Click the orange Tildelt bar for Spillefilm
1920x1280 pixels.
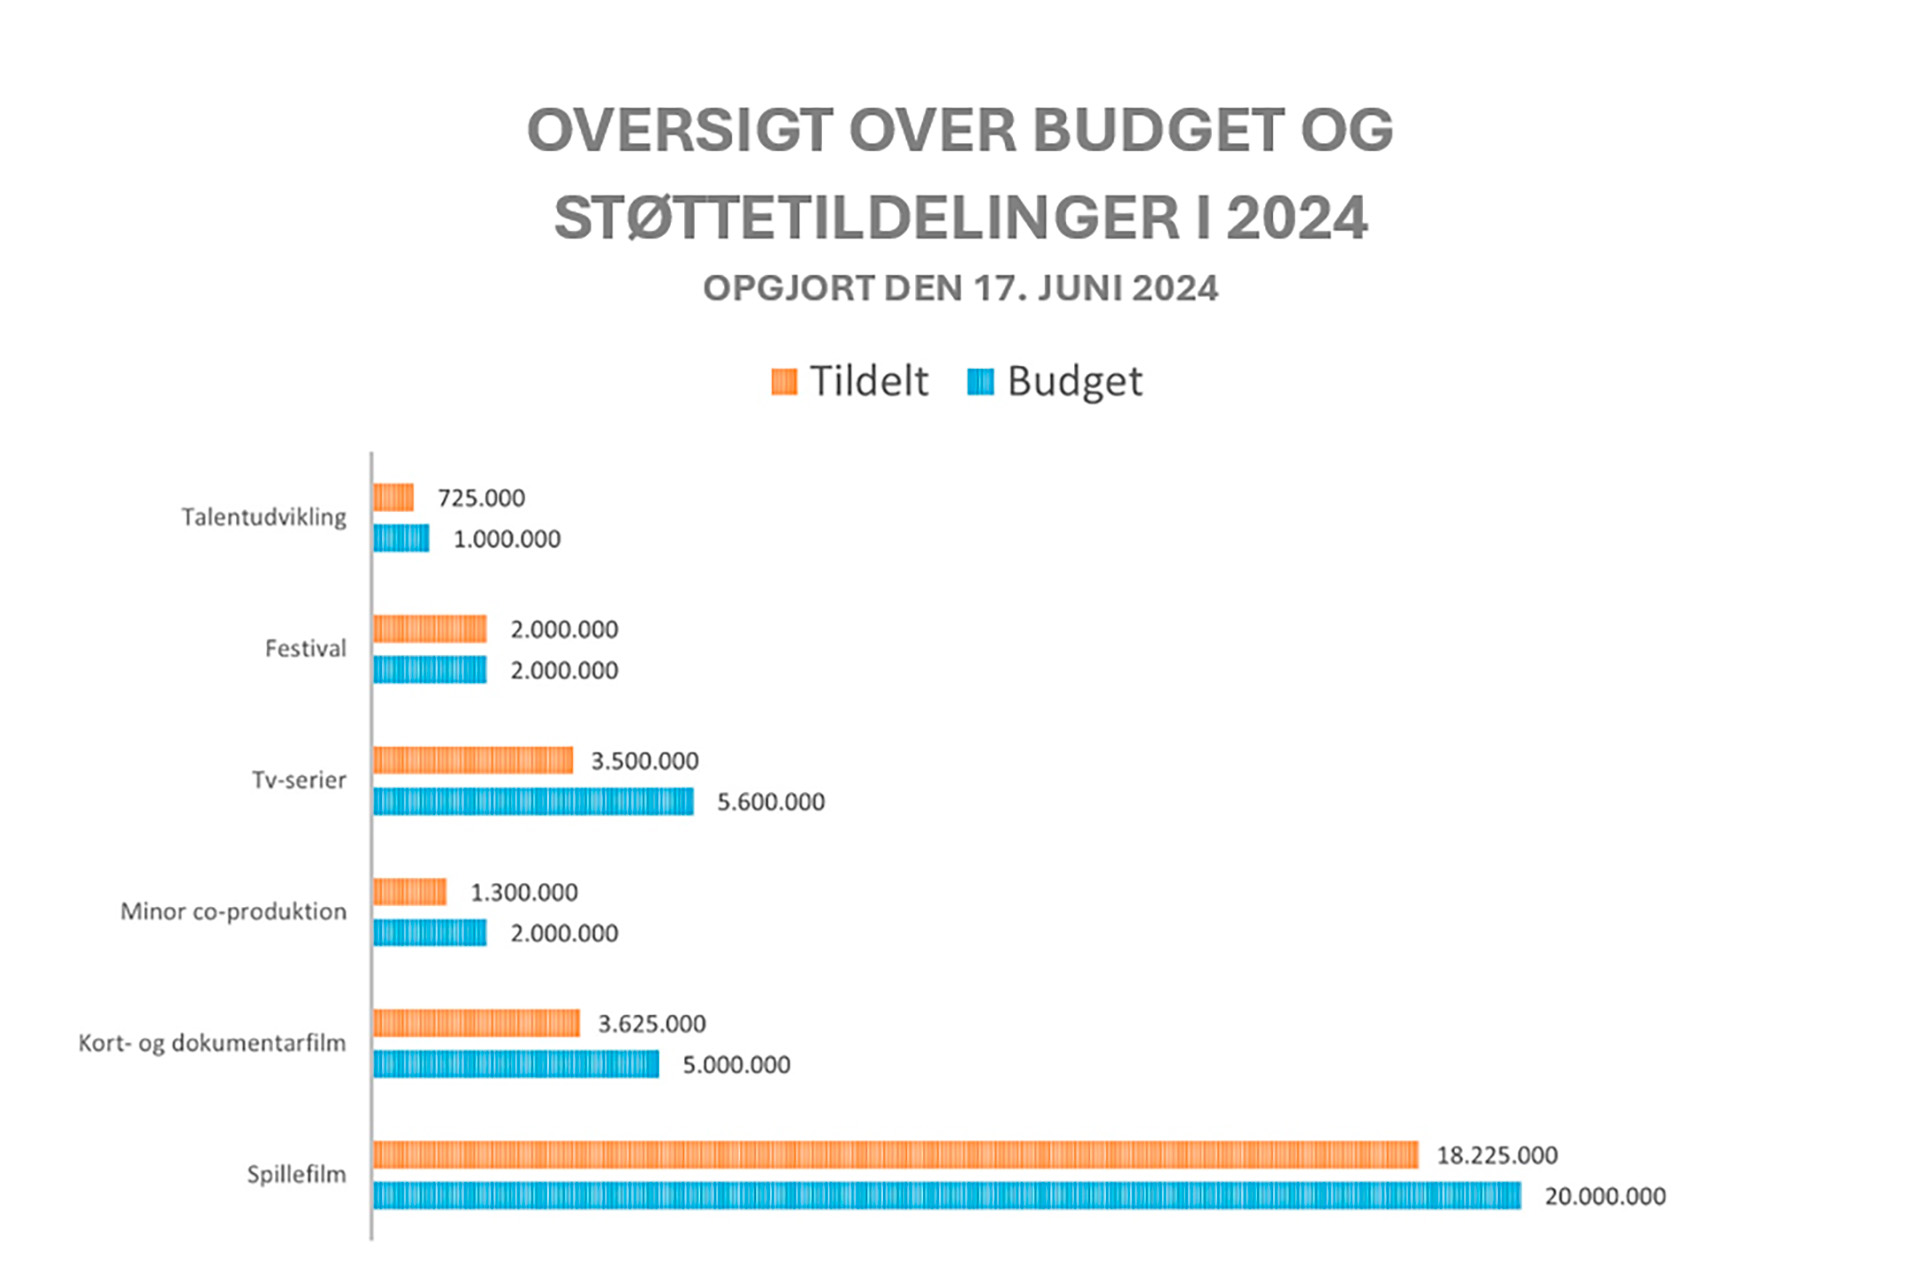[x=895, y=1155]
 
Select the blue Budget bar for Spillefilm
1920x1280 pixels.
[x=947, y=1196]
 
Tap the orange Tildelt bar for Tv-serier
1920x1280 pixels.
[x=473, y=761]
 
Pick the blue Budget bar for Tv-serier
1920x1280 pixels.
[x=533, y=802]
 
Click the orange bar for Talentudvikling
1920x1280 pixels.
[x=393, y=498]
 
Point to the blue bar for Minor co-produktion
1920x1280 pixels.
[x=430, y=933]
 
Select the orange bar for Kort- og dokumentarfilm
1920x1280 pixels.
[x=476, y=1024]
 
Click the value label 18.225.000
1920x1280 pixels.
[x=1497, y=1156]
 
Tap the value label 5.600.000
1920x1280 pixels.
[x=770, y=802]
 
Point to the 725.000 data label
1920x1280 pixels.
[x=480, y=498]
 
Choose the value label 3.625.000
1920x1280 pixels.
[x=651, y=1024]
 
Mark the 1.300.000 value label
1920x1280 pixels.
[x=524, y=892]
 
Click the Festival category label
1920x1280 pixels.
[x=305, y=649]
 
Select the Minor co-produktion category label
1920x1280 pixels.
[x=233, y=912]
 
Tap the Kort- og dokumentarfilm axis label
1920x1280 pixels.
[x=212, y=1043]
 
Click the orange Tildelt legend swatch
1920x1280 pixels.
[x=784, y=382]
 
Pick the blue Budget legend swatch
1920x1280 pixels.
[x=981, y=382]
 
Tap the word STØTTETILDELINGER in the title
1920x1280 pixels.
[x=866, y=219]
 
